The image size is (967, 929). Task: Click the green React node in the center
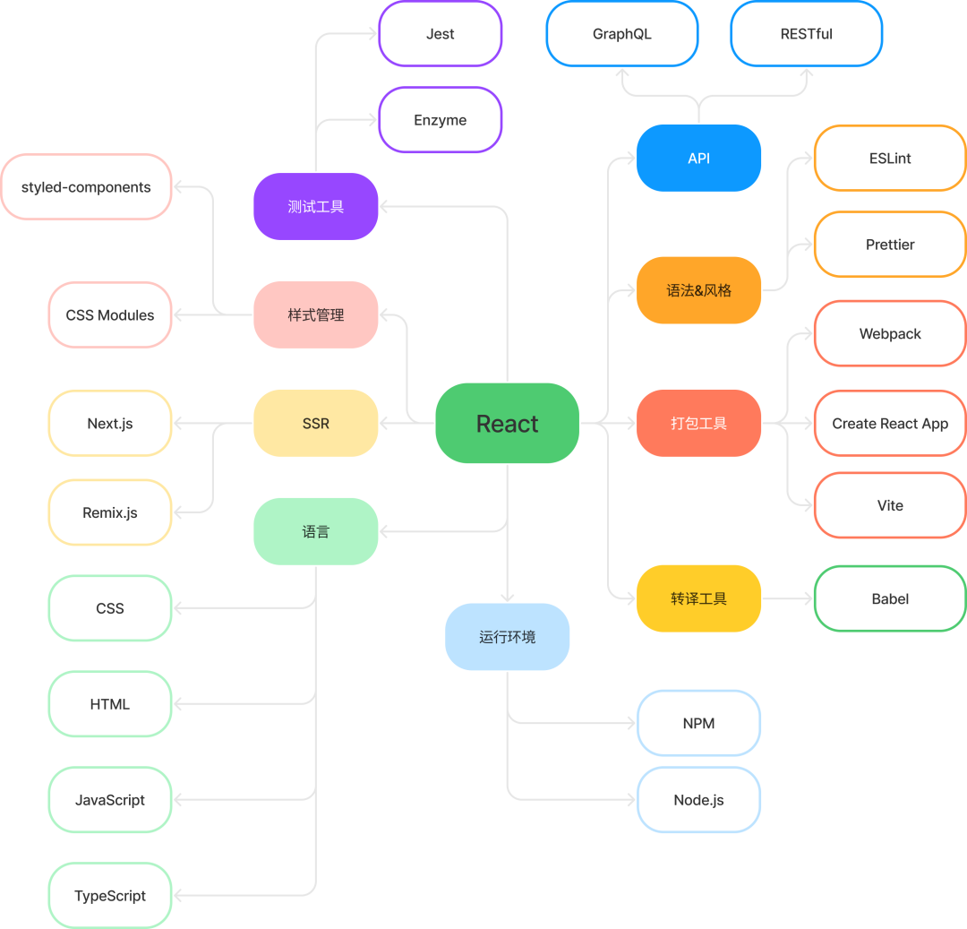click(x=507, y=423)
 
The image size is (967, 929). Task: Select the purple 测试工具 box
click(x=316, y=206)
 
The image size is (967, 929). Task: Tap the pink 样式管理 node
click(x=316, y=314)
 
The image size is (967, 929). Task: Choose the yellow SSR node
click(x=316, y=423)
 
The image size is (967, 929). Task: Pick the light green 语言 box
click(x=316, y=531)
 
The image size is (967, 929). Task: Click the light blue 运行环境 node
click(x=507, y=637)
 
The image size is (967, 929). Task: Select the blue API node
click(x=698, y=158)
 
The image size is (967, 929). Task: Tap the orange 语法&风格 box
click(x=698, y=290)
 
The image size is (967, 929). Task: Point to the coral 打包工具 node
click(x=698, y=423)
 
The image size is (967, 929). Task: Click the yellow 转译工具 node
click(x=698, y=598)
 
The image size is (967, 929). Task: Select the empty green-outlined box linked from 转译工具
click(x=889, y=598)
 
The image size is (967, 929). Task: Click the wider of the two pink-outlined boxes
click(x=86, y=186)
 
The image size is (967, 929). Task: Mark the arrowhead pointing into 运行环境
click(x=507, y=597)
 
